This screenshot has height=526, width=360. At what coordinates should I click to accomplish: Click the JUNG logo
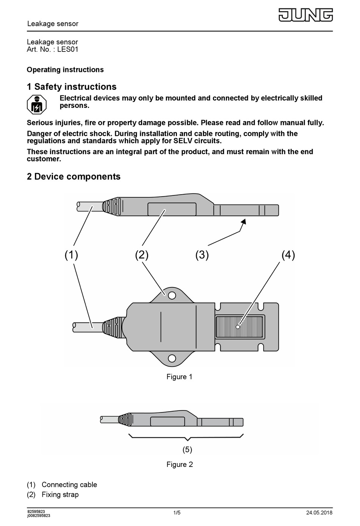[306, 15]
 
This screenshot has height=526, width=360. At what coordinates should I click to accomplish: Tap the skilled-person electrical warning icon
[36, 105]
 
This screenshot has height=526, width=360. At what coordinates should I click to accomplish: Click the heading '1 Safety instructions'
[72, 87]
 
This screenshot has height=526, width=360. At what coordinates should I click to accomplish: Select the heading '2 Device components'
[74, 176]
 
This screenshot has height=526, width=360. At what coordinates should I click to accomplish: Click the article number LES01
[68, 49]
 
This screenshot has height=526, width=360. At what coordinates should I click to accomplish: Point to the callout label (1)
[71, 255]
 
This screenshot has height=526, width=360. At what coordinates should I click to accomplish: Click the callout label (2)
[142, 255]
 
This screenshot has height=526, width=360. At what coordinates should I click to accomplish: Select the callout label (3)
[202, 255]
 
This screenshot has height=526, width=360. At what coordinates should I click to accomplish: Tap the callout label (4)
[288, 255]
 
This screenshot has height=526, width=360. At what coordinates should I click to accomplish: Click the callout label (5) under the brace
[187, 450]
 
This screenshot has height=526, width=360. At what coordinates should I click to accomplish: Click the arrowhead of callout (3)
[243, 221]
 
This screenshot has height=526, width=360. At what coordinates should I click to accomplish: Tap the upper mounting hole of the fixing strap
[172, 295]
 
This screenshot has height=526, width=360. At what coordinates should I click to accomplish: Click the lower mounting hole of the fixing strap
[172, 358]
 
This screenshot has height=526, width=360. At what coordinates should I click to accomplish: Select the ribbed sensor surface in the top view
[239, 327]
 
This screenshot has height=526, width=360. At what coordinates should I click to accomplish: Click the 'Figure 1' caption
[179, 377]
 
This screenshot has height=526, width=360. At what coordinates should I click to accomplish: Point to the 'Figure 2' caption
[179, 464]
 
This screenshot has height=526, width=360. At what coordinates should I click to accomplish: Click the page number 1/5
[177, 513]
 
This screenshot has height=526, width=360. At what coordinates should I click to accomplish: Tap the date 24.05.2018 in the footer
[319, 513]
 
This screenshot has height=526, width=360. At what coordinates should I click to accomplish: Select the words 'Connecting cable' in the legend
[69, 485]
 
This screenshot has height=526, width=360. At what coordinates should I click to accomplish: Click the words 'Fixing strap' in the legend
[60, 495]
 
